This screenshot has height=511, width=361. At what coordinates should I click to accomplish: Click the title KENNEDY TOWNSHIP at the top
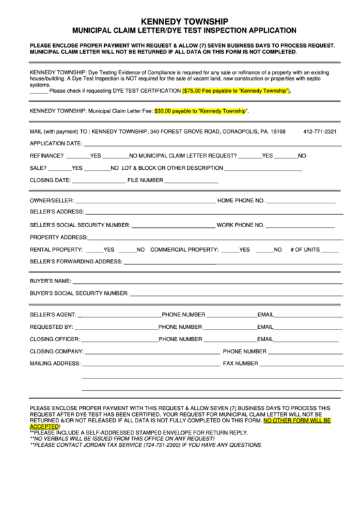tap(180, 21)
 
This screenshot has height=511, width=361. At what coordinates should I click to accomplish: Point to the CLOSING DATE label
tap(50, 180)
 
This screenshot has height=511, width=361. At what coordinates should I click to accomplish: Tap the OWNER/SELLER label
tap(51, 200)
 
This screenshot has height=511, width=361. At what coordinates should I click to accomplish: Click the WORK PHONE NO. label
tap(240, 224)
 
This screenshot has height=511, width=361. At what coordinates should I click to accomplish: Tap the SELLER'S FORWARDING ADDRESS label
tap(76, 261)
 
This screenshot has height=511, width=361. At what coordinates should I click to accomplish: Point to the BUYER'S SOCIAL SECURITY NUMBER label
tap(79, 293)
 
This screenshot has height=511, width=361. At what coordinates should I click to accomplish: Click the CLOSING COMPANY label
tap(57, 351)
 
